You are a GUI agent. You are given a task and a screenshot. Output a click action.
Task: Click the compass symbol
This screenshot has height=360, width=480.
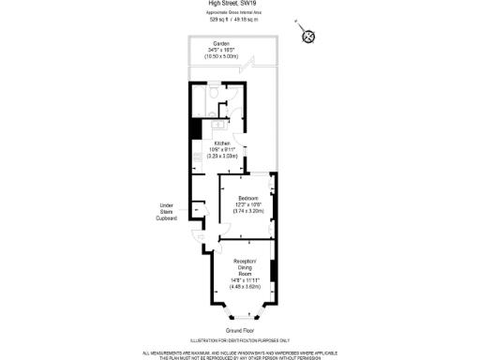(307, 36)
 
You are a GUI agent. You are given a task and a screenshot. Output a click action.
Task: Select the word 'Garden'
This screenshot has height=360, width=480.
(221, 44)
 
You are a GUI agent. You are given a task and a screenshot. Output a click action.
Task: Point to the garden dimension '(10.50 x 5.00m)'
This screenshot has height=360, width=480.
(221, 57)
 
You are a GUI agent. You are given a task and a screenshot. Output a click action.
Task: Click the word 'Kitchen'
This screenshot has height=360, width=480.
(221, 143)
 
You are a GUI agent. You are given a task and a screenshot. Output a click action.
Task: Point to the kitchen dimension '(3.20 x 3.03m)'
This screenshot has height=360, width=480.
(221, 157)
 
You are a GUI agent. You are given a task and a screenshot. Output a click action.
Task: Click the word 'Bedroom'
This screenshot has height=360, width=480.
(248, 198)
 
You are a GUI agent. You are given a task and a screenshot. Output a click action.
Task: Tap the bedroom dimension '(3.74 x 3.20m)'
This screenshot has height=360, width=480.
(248, 211)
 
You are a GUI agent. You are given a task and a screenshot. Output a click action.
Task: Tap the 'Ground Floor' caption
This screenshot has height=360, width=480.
(240, 331)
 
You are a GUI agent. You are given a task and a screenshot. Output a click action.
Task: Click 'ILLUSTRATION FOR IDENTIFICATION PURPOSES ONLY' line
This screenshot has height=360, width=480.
(240, 340)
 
